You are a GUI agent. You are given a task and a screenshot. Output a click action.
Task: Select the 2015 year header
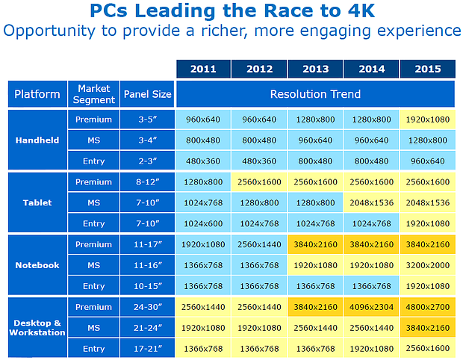click(x=427, y=69)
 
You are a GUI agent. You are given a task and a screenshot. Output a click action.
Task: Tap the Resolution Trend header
click(x=314, y=95)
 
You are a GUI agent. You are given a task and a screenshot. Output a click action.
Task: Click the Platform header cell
click(x=37, y=95)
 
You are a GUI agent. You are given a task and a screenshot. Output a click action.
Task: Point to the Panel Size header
click(x=147, y=95)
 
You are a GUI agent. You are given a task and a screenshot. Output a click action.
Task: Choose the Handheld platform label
click(x=36, y=140)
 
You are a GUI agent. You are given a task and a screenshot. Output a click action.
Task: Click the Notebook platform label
click(x=36, y=265)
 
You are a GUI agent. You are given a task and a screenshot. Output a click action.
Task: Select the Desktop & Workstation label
click(x=36, y=327)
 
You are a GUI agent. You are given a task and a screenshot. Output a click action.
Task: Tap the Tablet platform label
click(x=36, y=202)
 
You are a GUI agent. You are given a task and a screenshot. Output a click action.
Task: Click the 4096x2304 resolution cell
click(x=371, y=307)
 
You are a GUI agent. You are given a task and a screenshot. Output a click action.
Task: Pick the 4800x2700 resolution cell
click(x=427, y=307)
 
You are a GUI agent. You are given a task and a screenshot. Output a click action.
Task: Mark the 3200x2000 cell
click(x=427, y=265)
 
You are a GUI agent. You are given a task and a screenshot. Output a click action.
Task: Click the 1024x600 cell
click(x=203, y=223)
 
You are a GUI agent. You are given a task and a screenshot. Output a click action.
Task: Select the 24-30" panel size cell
click(x=147, y=307)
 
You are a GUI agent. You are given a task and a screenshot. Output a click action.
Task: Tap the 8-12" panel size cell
click(x=147, y=181)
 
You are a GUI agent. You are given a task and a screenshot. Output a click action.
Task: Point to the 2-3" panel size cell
click(x=147, y=161)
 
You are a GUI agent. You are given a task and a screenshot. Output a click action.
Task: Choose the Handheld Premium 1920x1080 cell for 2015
click(x=427, y=119)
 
